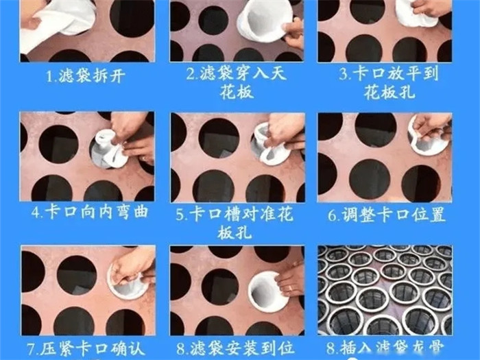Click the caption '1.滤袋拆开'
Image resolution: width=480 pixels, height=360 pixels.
tap(86, 75)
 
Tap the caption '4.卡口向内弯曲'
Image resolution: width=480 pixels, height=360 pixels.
tap(90, 212)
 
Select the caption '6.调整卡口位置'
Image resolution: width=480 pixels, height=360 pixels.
tap(386, 214)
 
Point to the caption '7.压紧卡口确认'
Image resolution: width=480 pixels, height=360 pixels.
tap(86, 349)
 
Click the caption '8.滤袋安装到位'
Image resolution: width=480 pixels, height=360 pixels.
tap(236, 348)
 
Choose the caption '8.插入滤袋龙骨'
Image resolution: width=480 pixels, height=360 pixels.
tap(385, 348)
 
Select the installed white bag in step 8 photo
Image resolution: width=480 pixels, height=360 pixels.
tap(268, 291)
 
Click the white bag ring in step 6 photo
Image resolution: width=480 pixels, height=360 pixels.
tap(429, 134)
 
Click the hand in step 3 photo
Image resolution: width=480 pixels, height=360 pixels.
tap(432, 8)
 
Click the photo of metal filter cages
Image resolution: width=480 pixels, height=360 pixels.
tap(385, 290)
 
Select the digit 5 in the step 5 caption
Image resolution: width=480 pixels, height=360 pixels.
tap(180, 215)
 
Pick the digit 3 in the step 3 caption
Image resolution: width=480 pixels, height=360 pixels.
tap(343, 74)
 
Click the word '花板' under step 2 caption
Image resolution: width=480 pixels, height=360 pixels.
tap(237, 92)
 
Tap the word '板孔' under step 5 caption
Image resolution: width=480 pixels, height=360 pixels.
tap(235, 232)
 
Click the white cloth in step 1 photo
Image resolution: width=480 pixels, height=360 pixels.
tap(58, 21)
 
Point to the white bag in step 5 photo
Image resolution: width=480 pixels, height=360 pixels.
tap(271, 145)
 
